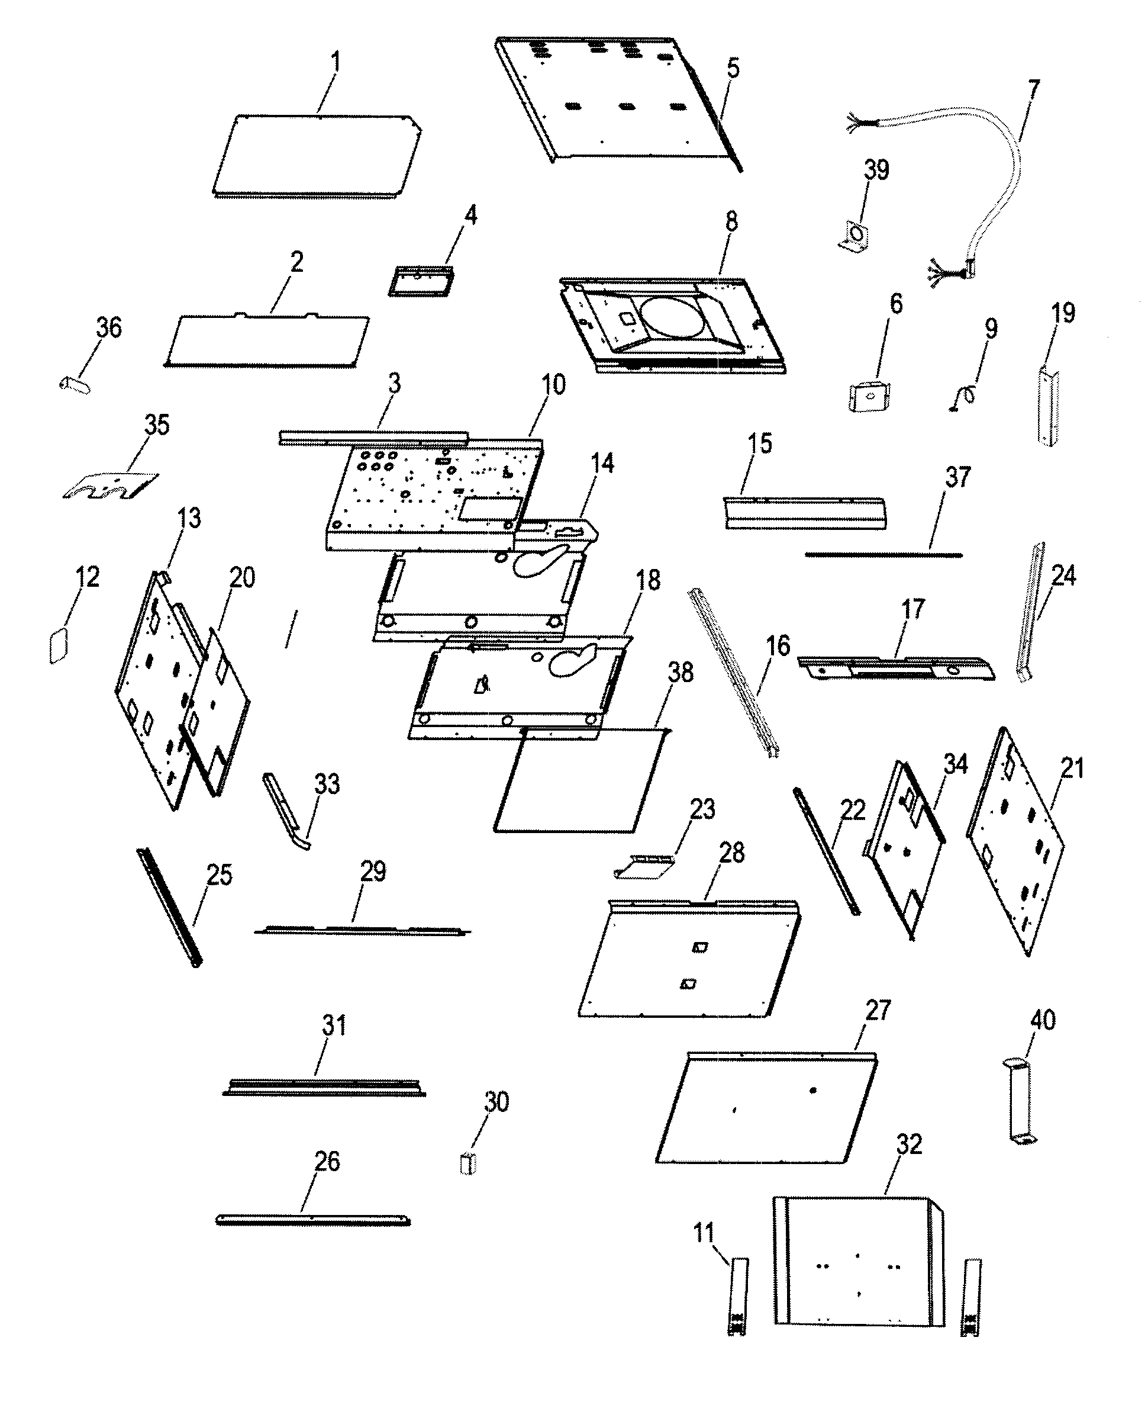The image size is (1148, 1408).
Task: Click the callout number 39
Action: [x=876, y=170]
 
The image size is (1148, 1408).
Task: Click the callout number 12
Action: [x=88, y=577]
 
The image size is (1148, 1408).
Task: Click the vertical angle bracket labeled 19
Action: [x=1048, y=408]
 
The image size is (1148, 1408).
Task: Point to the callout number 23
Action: [x=702, y=809]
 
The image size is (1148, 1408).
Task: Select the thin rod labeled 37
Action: [x=883, y=554]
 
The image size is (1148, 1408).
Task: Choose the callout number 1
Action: [x=336, y=62]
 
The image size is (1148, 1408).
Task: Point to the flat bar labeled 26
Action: [x=313, y=1220]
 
